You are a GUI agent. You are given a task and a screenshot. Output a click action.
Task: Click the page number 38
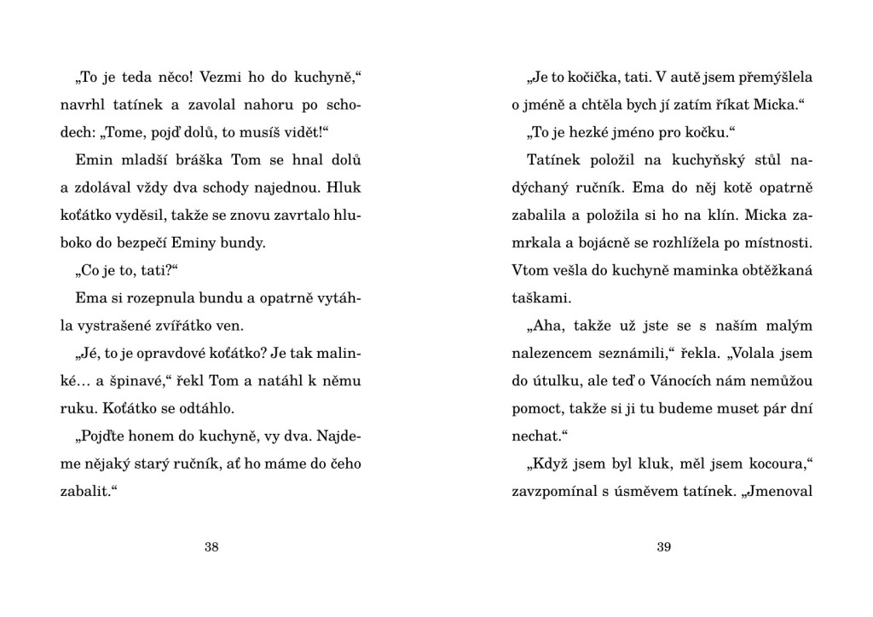coord(211,547)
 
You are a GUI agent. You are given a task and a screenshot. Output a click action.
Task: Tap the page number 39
coord(664,547)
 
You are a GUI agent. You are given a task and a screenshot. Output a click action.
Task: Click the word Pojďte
coord(103,435)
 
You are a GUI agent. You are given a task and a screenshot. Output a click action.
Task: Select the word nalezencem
coord(547,353)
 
